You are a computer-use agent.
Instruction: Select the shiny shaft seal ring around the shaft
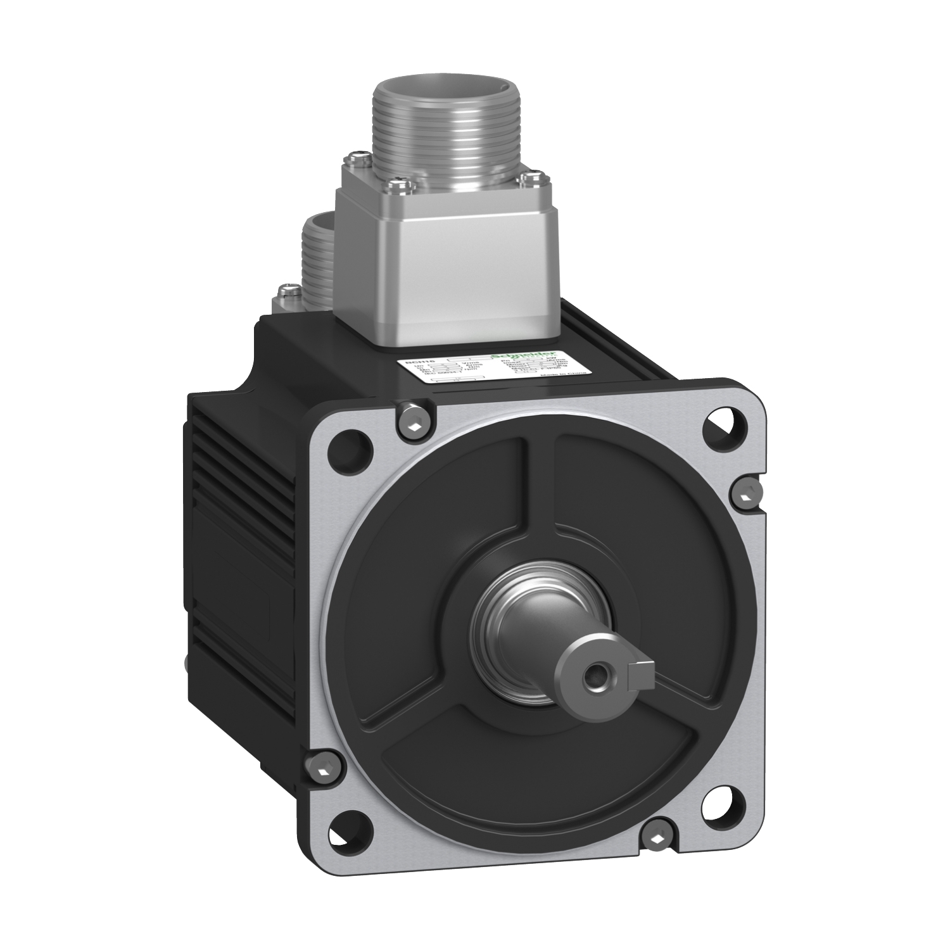tap(507, 624)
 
